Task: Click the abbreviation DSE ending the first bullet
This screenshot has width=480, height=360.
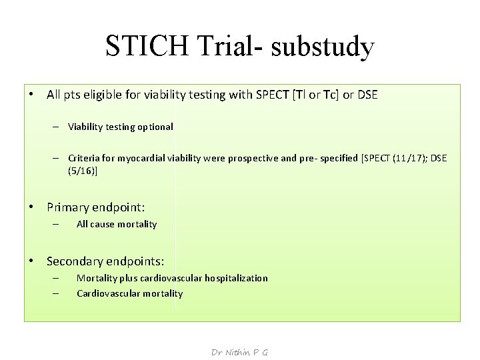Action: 367,95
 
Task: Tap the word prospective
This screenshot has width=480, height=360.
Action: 262,158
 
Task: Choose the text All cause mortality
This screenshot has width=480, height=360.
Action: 117,224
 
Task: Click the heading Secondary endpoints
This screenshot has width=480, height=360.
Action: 105,261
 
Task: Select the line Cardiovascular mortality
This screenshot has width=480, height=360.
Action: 129,293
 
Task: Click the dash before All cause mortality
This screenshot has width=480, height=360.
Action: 54,224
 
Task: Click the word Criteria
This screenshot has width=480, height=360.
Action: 83,158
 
